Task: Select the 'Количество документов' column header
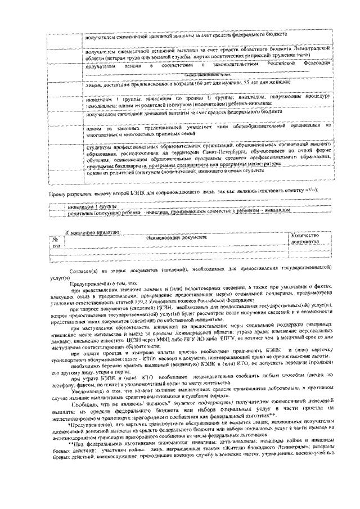click(x=305, y=238)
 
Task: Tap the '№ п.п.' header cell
click(x=56, y=241)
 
